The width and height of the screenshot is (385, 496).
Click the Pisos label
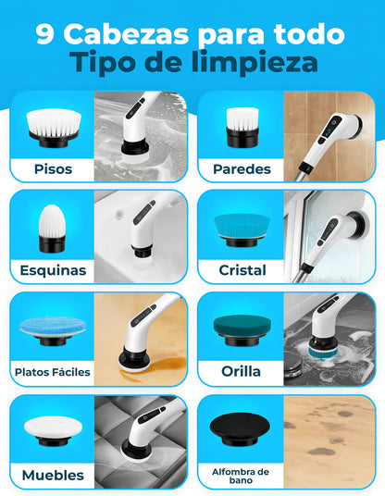(x=53, y=169)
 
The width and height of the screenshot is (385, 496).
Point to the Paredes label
(x=241, y=169)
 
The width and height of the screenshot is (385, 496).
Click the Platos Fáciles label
(x=52, y=372)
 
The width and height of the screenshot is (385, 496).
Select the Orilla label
(x=241, y=372)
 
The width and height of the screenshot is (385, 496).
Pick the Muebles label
(x=52, y=475)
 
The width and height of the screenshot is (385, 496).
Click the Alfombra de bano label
(x=240, y=475)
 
